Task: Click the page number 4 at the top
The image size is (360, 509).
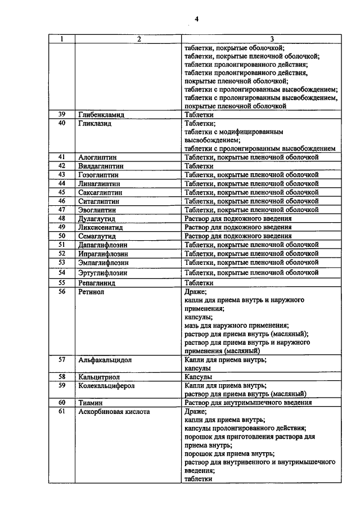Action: tap(197, 19)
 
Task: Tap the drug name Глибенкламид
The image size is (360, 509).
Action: tap(101, 114)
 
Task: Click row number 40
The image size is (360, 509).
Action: tap(62, 123)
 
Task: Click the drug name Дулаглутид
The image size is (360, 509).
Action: tap(97, 218)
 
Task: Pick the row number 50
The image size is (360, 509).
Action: tap(62, 236)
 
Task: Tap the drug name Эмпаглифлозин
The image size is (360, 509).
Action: tap(103, 262)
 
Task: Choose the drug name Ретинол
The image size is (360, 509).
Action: tap(92, 292)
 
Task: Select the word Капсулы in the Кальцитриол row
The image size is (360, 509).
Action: tap(197, 376)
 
